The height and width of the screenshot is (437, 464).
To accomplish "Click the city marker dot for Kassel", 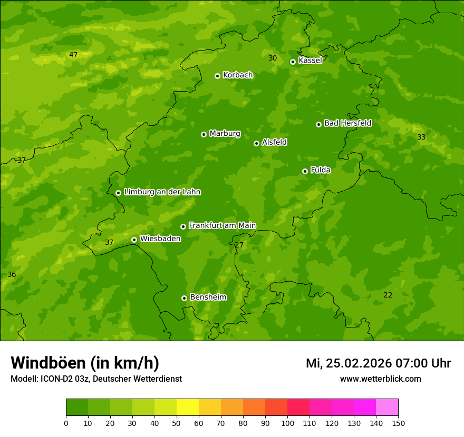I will (293, 62).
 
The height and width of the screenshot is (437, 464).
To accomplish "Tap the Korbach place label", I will (238, 75).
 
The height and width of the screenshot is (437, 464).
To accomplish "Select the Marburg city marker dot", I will (204, 134).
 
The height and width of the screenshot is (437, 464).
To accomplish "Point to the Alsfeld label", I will (274, 142).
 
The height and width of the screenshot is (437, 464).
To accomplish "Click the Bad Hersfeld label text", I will (347, 123).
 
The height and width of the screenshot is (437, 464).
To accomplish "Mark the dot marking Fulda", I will (305, 171).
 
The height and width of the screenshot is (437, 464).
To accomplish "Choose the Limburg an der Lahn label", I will (162, 192).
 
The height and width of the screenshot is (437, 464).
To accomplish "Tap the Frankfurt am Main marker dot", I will (183, 226).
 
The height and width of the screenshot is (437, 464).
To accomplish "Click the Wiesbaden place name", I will (160, 239).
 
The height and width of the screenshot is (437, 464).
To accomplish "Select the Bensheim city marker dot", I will (184, 298).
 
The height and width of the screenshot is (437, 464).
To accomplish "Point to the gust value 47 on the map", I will (73, 55).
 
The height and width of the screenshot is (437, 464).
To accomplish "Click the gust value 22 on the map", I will (388, 295).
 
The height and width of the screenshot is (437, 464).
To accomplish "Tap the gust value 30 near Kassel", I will (273, 58).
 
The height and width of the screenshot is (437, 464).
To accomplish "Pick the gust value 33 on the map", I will (421, 137).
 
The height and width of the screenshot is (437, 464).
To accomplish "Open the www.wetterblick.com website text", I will (380, 379).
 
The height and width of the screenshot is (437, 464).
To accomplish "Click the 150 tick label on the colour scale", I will (398, 423).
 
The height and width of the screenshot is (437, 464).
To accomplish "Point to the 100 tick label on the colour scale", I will (287, 423).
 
